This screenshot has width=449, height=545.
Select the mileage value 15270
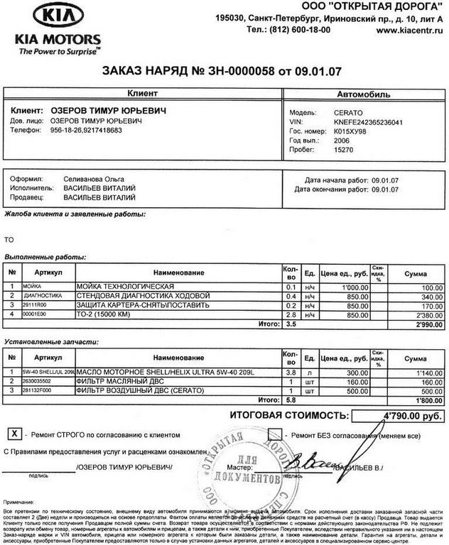click(x=343, y=151)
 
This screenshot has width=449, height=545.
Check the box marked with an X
click(x=13, y=433)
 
